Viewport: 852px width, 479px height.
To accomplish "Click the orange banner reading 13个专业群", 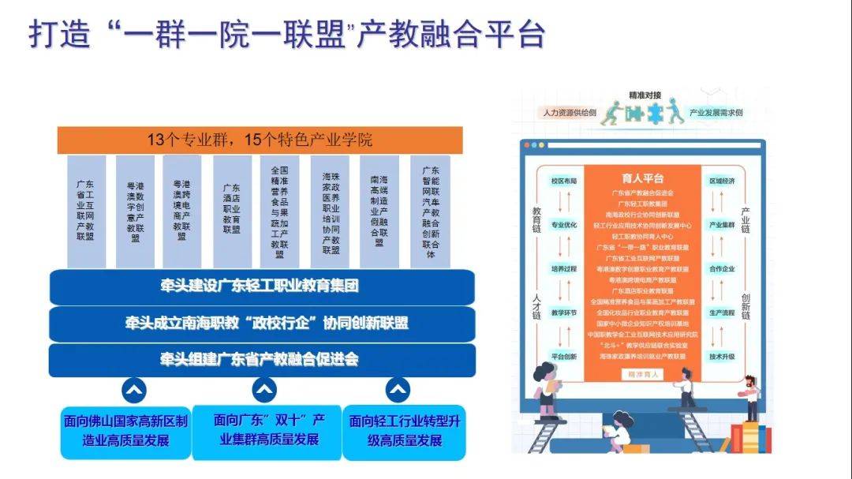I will coord(260,140).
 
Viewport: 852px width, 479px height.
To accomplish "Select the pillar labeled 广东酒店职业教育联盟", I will coord(232,209).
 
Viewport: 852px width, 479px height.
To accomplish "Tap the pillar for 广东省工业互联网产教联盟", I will coord(85,209).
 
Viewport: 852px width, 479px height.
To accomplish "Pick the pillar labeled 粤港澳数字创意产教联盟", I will coord(135,209).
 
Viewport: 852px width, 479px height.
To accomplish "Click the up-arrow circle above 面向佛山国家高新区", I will coord(133,389).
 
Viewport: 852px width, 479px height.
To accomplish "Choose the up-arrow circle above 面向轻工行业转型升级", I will coord(398,389).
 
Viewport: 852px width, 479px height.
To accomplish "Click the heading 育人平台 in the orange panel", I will coord(643,178).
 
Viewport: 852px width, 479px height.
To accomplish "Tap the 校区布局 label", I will coord(563,181).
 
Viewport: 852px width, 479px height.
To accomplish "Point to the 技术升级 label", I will coord(722,357).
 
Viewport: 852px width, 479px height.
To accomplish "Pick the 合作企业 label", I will coord(722,268).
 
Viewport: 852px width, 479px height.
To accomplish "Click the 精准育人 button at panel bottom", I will coord(643,374).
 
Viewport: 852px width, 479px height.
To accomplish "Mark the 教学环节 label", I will coord(563,312).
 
